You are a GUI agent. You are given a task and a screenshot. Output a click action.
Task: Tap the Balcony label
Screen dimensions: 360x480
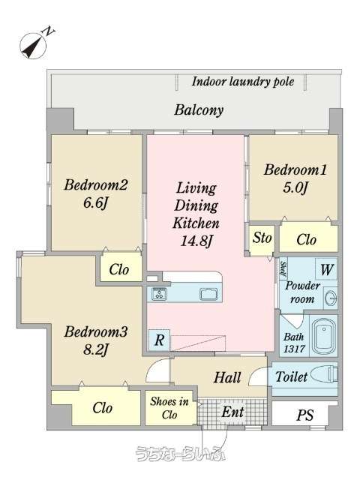click(199, 110)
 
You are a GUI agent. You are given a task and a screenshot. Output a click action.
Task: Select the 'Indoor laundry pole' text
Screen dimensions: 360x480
click(243, 82)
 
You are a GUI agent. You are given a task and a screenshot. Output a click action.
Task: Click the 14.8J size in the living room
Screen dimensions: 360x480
click(196, 241)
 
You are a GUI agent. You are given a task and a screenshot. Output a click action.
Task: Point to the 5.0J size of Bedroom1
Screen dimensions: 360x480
click(295, 187)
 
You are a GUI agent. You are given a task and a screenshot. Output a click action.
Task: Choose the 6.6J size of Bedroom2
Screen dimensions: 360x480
click(96, 202)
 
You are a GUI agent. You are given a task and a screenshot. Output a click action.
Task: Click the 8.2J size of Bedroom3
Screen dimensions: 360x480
click(96, 349)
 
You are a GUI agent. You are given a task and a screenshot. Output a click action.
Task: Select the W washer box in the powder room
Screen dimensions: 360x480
click(326, 269)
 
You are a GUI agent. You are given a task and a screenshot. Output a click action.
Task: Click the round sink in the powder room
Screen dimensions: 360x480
click(331, 298)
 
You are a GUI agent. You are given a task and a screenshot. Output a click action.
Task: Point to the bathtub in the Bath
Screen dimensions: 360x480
click(323, 335)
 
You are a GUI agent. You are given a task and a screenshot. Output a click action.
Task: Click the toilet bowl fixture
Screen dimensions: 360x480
click(324, 376)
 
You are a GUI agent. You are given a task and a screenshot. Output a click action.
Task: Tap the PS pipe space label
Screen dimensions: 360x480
click(305, 415)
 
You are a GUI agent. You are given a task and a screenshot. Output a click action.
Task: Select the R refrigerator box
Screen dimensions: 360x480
click(159, 340)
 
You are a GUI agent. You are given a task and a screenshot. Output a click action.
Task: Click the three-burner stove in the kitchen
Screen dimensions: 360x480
click(160, 294)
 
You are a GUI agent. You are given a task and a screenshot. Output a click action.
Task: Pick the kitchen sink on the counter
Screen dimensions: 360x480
click(210, 294)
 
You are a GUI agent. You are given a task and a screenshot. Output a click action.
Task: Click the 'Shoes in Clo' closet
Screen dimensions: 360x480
click(170, 408)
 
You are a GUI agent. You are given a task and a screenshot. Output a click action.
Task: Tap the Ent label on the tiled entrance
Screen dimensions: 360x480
click(232, 412)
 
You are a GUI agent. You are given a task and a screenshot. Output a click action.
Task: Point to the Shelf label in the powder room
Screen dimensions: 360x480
click(283, 269)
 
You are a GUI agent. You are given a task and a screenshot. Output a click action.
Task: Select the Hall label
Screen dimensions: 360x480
click(227, 377)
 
